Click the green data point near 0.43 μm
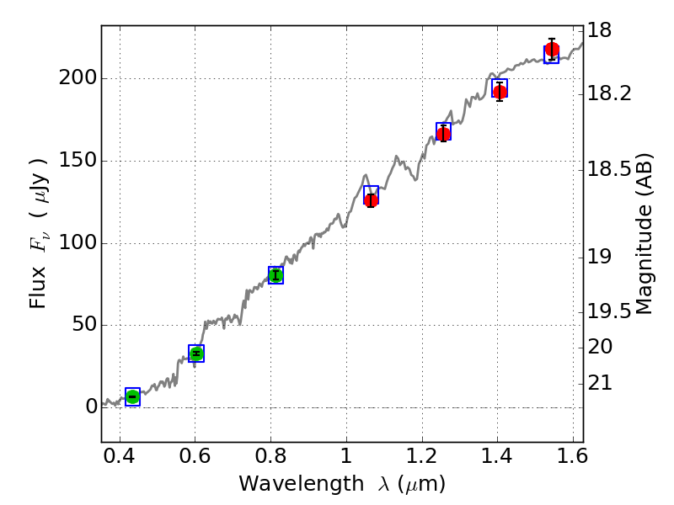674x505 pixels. (x=132, y=396)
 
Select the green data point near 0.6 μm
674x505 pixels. (x=196, y=353)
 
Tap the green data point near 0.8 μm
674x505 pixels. (x=275, y=275)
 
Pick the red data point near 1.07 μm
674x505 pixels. (x=371, y=199)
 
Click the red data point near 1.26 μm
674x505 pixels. (x=443, y=134)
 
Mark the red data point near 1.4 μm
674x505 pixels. (x=500, y=92)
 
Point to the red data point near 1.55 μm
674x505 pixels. (x=552, y=50)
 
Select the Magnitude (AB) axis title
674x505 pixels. (x=645, y=234)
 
